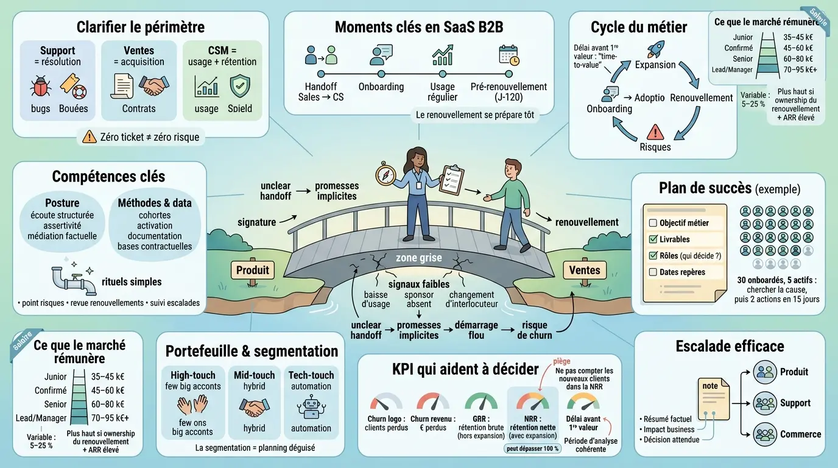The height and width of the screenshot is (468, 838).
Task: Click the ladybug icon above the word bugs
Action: click(41, 87)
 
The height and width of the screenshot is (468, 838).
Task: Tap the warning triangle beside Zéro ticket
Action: click(89, 136)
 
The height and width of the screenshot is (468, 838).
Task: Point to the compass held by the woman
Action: click(386, 174)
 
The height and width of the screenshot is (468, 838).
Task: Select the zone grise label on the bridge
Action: click(419, 258)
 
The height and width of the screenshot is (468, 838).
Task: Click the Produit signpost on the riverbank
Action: click(252, 270)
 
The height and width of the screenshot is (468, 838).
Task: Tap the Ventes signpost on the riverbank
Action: click(584, 270)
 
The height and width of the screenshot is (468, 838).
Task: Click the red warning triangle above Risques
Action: click(655, 132)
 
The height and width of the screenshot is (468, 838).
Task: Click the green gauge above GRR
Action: click(481, 401)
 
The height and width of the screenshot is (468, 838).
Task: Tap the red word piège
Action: click(562, 361)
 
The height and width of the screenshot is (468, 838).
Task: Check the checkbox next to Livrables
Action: click(653, 239)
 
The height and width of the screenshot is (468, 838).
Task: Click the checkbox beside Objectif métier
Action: click(653, 223)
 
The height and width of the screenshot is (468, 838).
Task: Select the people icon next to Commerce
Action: click(764, 434)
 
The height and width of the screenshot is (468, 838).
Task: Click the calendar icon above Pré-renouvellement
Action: click(509, 55)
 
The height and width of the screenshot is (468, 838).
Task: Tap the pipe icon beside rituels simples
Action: click(73, 280)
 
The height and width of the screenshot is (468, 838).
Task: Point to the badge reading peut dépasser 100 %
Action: click(532, 448)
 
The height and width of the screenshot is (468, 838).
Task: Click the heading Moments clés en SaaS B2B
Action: click(418, 27)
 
